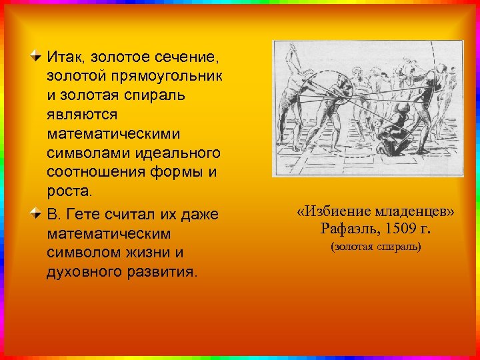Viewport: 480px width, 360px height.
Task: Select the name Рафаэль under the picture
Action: click(347, 229)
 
